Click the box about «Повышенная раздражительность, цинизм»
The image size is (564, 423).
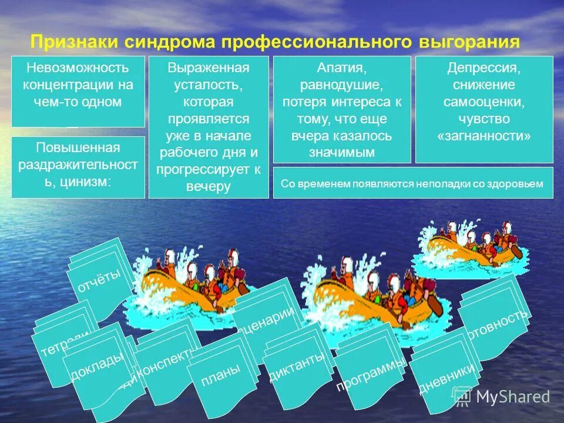point(78,167)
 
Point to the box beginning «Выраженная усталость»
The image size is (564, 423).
point(209,126)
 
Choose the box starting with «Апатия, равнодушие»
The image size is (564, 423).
point(342,109)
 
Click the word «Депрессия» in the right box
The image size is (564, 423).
point(484,68)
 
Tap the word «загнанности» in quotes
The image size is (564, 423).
point(484,136)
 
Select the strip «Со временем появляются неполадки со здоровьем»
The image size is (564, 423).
point(412,183)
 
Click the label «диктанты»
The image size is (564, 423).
point(297,365)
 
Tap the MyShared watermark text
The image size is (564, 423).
point(512,398)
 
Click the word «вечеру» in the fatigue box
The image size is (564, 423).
point(208,186)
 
